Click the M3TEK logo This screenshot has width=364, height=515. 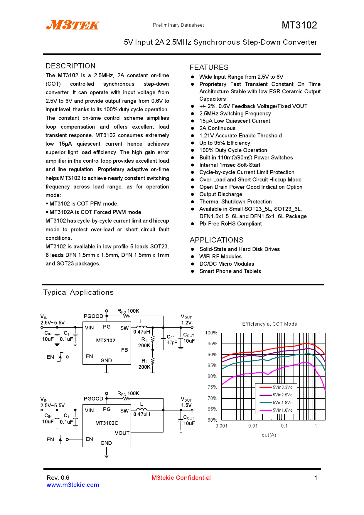click(x=73, y=25)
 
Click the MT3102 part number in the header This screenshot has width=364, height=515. click(x=299, y=25)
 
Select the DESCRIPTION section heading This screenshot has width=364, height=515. click(x=70, y=66)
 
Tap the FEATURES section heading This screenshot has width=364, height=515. click(x=209, y=67)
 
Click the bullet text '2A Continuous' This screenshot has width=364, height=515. click(x=217, y=128)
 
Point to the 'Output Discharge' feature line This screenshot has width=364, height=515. click(x=221, y=194)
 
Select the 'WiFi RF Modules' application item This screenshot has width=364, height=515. click(x=220, y=257)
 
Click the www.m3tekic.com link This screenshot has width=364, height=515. click(x=73, y=485)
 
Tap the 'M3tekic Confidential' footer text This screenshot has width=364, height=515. click(x=181, y=478)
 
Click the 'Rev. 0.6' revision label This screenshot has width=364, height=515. click(x=58, y=478)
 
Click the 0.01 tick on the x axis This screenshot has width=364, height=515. click(x=253, y=426)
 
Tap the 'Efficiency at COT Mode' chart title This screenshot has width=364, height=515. click(x=269, y=324)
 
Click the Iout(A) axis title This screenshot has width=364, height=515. click(x=268, y=435)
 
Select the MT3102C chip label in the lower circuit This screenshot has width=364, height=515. click(x=107, y=423)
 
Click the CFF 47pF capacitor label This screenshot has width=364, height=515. click(x=172, y=340)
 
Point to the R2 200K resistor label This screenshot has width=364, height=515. click(x=144, y=364)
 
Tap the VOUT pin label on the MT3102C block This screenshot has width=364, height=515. click(x=122, y=433)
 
